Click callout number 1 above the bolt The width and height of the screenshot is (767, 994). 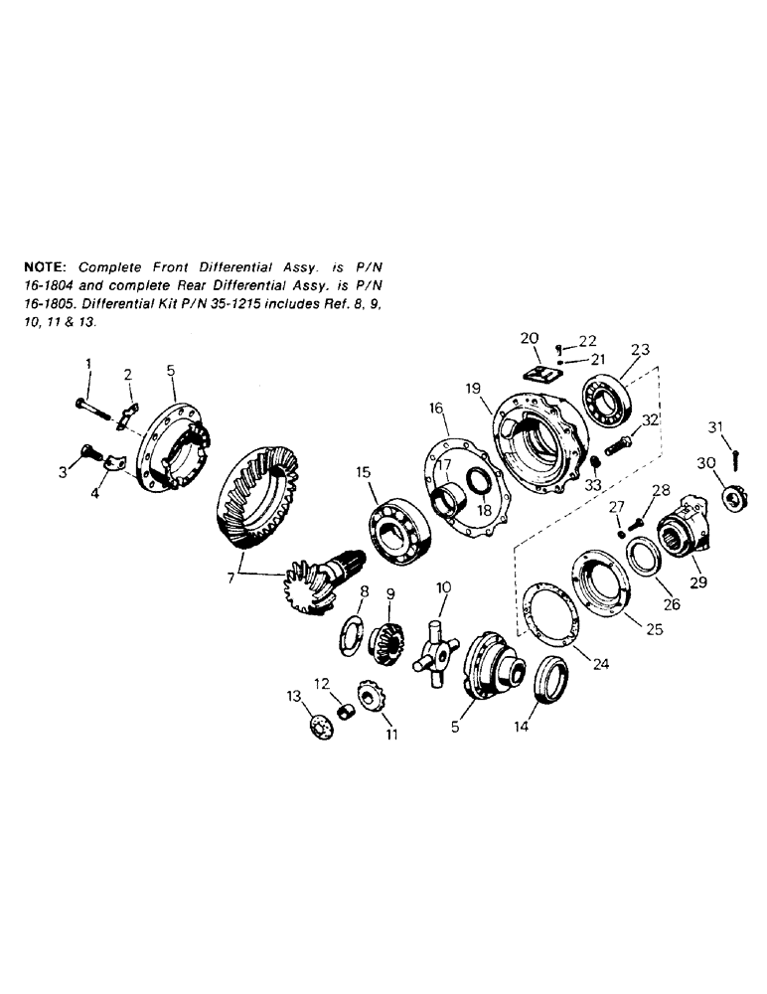click(x=88, y=365)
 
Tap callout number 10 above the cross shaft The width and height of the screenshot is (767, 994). click(x=443, y=587)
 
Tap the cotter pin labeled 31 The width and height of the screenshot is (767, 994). click(x=734, y=456)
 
